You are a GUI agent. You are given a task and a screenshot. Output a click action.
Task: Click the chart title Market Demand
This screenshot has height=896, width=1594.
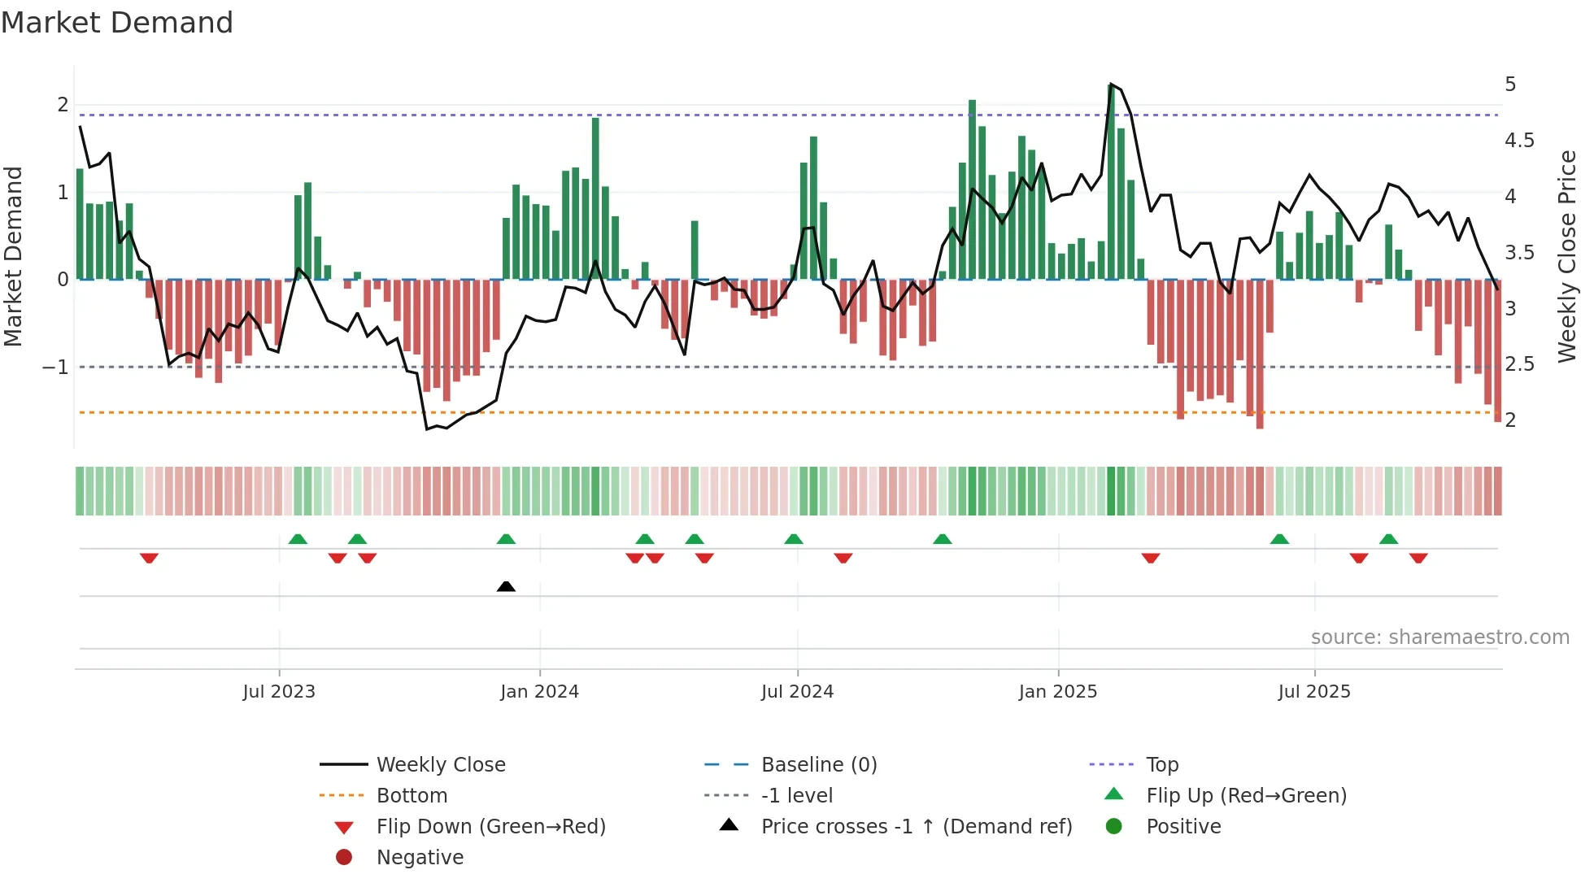coord(117,23)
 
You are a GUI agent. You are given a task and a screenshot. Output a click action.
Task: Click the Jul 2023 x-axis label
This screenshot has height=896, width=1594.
coord(279,692)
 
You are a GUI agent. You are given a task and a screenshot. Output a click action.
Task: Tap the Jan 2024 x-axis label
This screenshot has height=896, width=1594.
coord(539,692)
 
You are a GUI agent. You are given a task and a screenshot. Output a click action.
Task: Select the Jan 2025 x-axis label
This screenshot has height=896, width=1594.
coord(1057,692)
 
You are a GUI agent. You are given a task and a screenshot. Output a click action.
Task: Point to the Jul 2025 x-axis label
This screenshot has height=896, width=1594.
coord(1313,692)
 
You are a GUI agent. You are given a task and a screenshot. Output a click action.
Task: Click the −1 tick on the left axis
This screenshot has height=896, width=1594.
coord(55,368)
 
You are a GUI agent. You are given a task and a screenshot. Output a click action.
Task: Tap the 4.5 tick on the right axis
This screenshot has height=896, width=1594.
coord(1518,141)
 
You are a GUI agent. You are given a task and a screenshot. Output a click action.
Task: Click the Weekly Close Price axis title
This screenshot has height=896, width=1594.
coord(1566,256)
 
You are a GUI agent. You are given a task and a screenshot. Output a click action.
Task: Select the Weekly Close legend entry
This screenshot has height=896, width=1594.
coord(440,765)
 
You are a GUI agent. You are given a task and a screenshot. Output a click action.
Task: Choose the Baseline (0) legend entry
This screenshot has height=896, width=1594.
coord(818,765)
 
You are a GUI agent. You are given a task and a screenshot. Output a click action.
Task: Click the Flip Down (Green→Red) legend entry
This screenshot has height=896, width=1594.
coord(490,827)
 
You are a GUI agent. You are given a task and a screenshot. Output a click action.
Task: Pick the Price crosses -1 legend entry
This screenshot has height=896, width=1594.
coord(916,827)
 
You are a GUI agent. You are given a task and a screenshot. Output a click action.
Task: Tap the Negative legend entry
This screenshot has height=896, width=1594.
coord(420,858)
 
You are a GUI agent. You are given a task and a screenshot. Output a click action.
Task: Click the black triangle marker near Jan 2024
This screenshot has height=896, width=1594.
coord(506,586)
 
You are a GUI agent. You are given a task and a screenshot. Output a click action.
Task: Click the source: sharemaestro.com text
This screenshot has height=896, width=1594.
coord(1439,637)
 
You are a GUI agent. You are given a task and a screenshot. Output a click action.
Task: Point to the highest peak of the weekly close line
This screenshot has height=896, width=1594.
coord(1111,85)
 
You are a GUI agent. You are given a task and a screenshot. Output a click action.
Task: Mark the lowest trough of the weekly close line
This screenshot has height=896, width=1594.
coord(427,428)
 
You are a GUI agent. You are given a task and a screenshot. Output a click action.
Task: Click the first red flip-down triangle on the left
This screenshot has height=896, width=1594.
coord(149,558)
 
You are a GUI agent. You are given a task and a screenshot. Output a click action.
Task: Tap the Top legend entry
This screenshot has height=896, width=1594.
coord(1161,765)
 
